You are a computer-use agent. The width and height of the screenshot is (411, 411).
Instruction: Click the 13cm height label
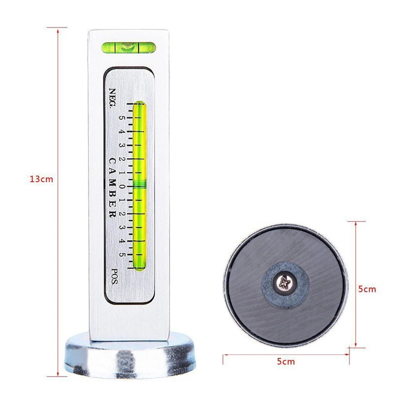coord(41,180)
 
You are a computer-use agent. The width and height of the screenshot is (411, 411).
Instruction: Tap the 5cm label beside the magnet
coord(367,289)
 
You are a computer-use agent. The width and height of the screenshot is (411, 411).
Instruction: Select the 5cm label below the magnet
coord(285,362)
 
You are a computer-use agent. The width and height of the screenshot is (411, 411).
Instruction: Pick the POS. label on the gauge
coord(114,276)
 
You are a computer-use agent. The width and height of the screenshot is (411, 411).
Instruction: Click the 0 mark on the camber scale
coord(122,187)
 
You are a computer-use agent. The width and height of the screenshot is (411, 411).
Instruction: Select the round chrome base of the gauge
coord(130,357)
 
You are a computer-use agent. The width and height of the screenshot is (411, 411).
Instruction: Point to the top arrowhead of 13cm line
coord(58,30)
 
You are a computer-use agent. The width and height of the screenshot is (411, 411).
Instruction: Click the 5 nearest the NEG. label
coord(122,118)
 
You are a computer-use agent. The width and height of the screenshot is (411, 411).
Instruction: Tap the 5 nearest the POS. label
coord(122,254)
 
